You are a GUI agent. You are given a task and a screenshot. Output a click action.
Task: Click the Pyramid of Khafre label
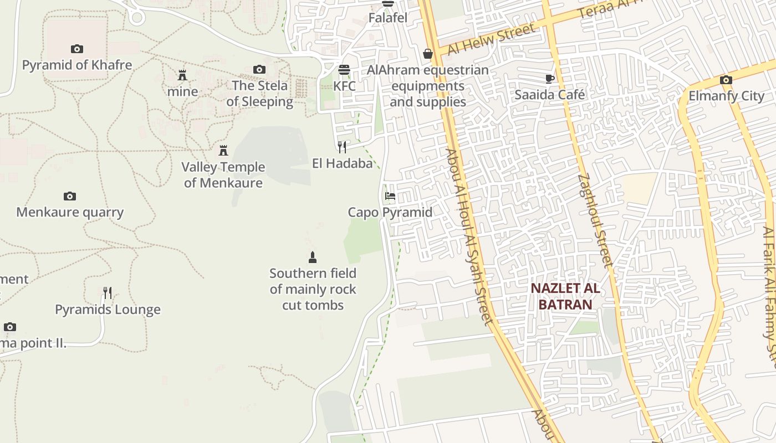coord(77,65)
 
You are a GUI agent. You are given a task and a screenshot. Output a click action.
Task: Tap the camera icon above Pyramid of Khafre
coord(77,49)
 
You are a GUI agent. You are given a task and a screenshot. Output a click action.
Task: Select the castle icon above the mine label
coord(182,75)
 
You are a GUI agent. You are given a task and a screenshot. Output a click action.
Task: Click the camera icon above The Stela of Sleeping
coord(259,69)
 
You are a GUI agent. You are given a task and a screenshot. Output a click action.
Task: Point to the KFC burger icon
coord(344,70)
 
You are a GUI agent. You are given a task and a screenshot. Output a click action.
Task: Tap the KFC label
coord(344,86)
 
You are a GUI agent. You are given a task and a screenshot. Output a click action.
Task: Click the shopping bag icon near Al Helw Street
coord(427,54)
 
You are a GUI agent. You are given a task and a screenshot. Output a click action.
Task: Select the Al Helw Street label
coord(491,39)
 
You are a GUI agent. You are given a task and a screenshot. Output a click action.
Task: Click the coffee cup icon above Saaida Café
coord(549,79)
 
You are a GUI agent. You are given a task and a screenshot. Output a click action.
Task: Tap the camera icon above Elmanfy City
coord(726,80)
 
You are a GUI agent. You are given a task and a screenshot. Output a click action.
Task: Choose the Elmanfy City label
coord(726,96)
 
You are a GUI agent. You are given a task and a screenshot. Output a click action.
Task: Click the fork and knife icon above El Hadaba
coord(342,147)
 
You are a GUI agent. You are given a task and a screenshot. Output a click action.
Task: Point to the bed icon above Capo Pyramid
coord(390,196)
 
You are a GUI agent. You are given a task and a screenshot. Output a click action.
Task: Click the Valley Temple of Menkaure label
coord(223,174)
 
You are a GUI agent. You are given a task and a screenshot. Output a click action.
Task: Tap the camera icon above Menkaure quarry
coord(69,196)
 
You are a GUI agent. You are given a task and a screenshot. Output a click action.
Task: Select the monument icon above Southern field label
coord(313,257)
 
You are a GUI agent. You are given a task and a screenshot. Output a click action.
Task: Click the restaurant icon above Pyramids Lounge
coord(108,292)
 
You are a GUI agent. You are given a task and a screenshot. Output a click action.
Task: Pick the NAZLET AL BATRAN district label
coord(565,296)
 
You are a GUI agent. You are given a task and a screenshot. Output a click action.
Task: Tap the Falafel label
coord(387,18)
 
